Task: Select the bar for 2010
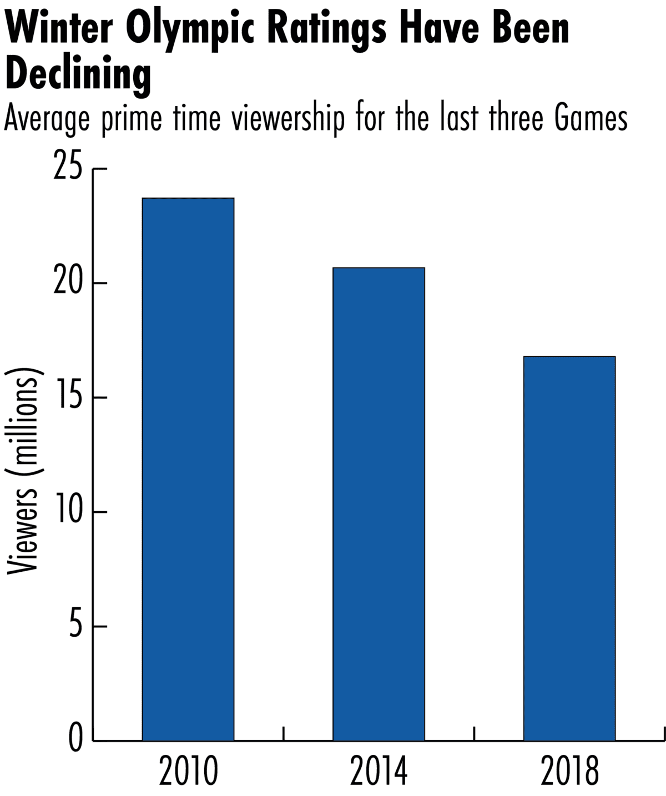(x=188, y=469)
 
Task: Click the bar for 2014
(x=379, y=504)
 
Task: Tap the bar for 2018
(x=569, y=548)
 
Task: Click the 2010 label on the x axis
(x=188, y=772)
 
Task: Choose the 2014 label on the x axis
(x=379, y=772)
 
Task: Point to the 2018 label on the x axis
(x=570, y=772)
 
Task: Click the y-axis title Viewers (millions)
(x=23, y=470)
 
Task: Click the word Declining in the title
(x=78, y=74)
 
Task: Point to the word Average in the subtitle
(x=47, y=119)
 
